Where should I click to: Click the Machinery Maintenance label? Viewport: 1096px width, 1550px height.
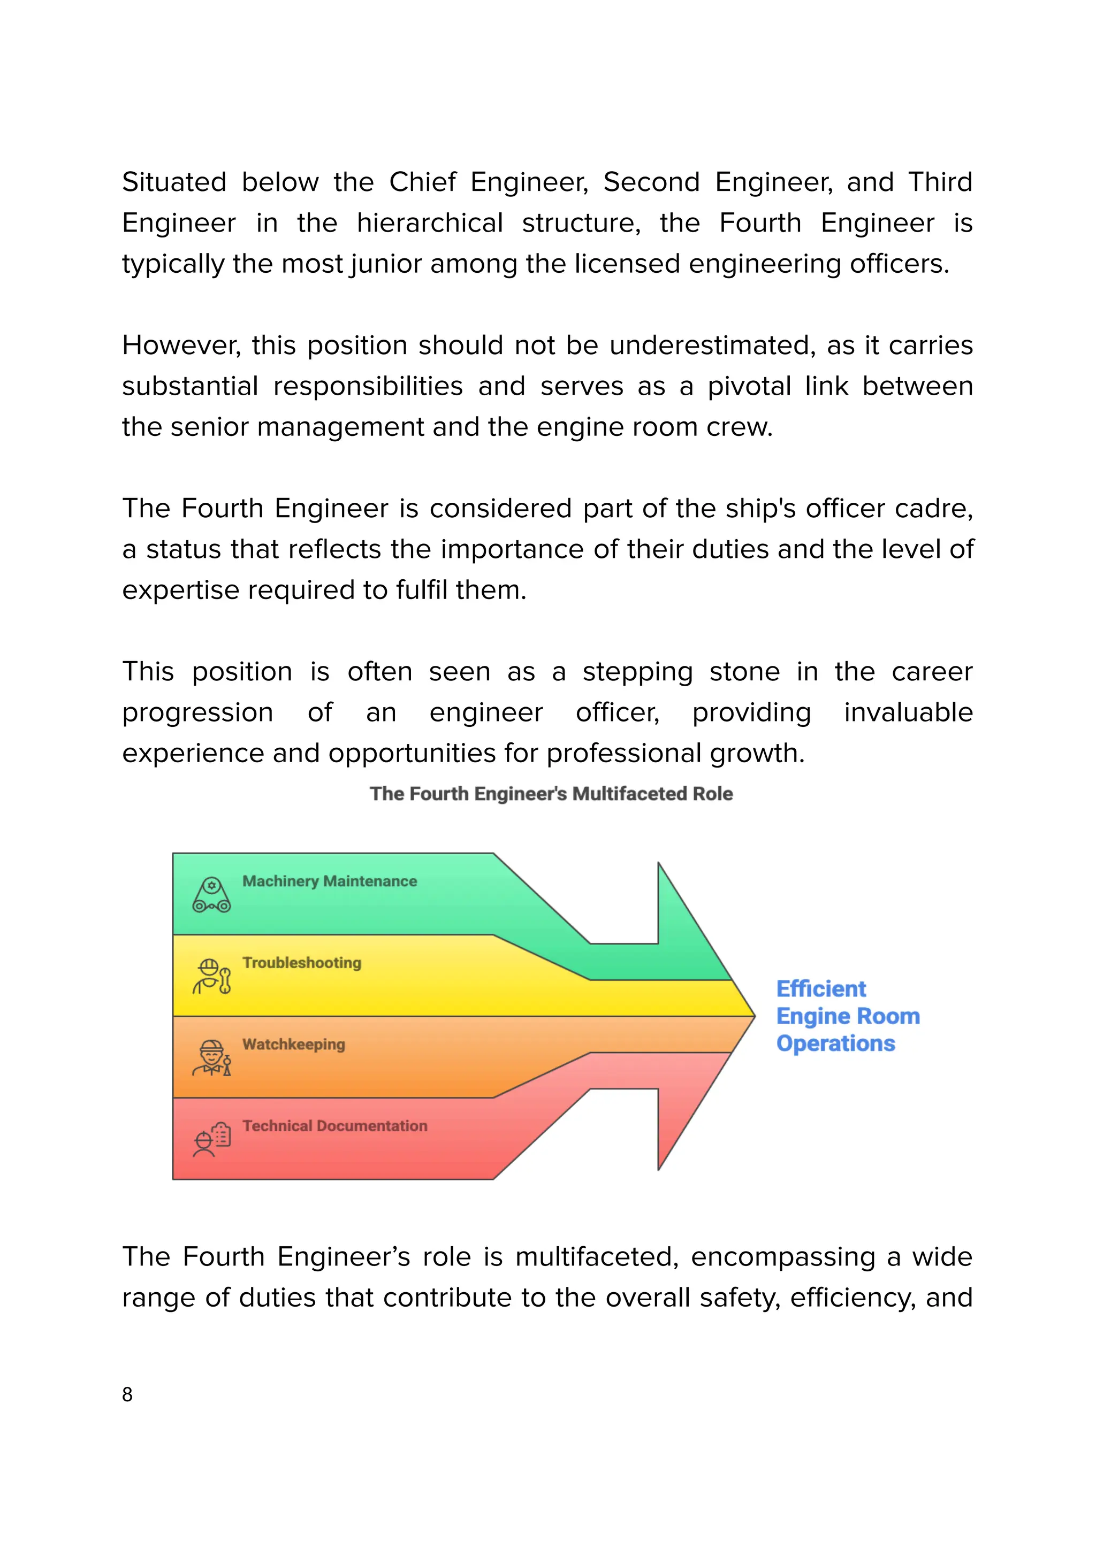point(330,881)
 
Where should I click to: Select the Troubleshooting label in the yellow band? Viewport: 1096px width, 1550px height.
point(302,963)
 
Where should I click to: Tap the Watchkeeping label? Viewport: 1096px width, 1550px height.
point(294,1045)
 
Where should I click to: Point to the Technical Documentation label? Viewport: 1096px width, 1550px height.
point(335,1126)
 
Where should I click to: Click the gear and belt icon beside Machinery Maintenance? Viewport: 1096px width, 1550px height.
point(211,895)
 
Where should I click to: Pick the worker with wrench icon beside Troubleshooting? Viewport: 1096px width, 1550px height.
point(211,976)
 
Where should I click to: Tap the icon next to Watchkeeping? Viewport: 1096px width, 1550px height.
point(211,1058)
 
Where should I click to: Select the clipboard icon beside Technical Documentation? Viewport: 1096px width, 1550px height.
point(211,1140)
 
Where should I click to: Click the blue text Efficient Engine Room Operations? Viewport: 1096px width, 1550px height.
point(848,1016)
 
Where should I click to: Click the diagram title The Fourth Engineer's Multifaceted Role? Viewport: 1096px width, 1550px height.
point(551,794)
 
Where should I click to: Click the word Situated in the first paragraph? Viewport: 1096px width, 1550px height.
point(174,182)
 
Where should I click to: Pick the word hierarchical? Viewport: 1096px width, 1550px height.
point(430,224)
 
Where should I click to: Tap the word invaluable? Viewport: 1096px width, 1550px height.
point(908,713)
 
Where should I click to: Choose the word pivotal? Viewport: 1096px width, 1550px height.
point(749,387)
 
